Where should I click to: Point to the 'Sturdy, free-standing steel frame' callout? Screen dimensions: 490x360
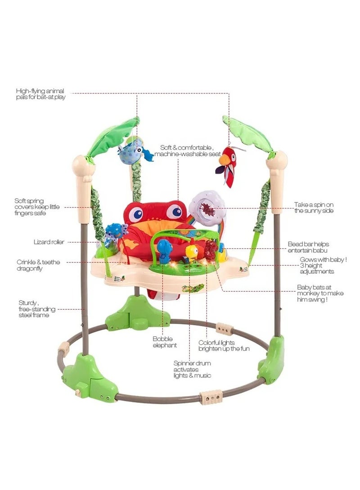[x=34, y=309]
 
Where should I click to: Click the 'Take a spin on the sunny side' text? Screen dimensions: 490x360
[x=314, y=207]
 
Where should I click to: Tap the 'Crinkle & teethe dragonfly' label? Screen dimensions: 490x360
[x=38, y=265]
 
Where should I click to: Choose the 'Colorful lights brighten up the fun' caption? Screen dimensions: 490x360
[x=220, y=345]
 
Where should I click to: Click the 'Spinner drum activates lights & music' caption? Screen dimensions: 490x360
[x=192, y=369]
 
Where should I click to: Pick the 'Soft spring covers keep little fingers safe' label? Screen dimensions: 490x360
[x=36, y=207]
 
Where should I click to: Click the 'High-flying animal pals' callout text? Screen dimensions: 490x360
[x=40, y=94]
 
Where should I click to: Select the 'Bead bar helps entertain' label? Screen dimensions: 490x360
[x=309, y=247]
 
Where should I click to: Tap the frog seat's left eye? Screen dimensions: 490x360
[x=136, y=214]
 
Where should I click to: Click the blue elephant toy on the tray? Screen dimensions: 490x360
[x=162, y=248]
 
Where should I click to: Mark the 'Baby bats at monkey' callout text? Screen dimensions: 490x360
[x=320, y=293]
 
